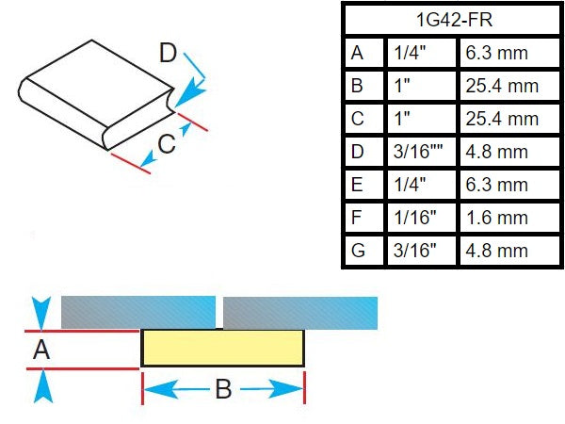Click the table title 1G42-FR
(454, 20)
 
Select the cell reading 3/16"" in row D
(417, 152)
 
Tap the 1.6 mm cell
(497, 218)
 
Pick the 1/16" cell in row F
(414, 218)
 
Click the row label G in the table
(358, 251)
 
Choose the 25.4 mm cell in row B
(502, 86)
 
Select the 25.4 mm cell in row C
(502, 119)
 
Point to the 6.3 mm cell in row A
(497, 53)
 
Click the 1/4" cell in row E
(410, 185)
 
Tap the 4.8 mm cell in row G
(497, 251)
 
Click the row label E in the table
(357, 185)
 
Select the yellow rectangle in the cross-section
(222, 348)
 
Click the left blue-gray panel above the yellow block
(138, 312)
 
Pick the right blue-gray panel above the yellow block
(300, 313)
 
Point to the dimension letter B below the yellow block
(223, 388)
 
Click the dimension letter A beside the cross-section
(41, 350)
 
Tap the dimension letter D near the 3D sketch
(168, 53)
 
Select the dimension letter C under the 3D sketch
(167, 144)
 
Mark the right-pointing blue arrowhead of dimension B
(286, 388)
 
